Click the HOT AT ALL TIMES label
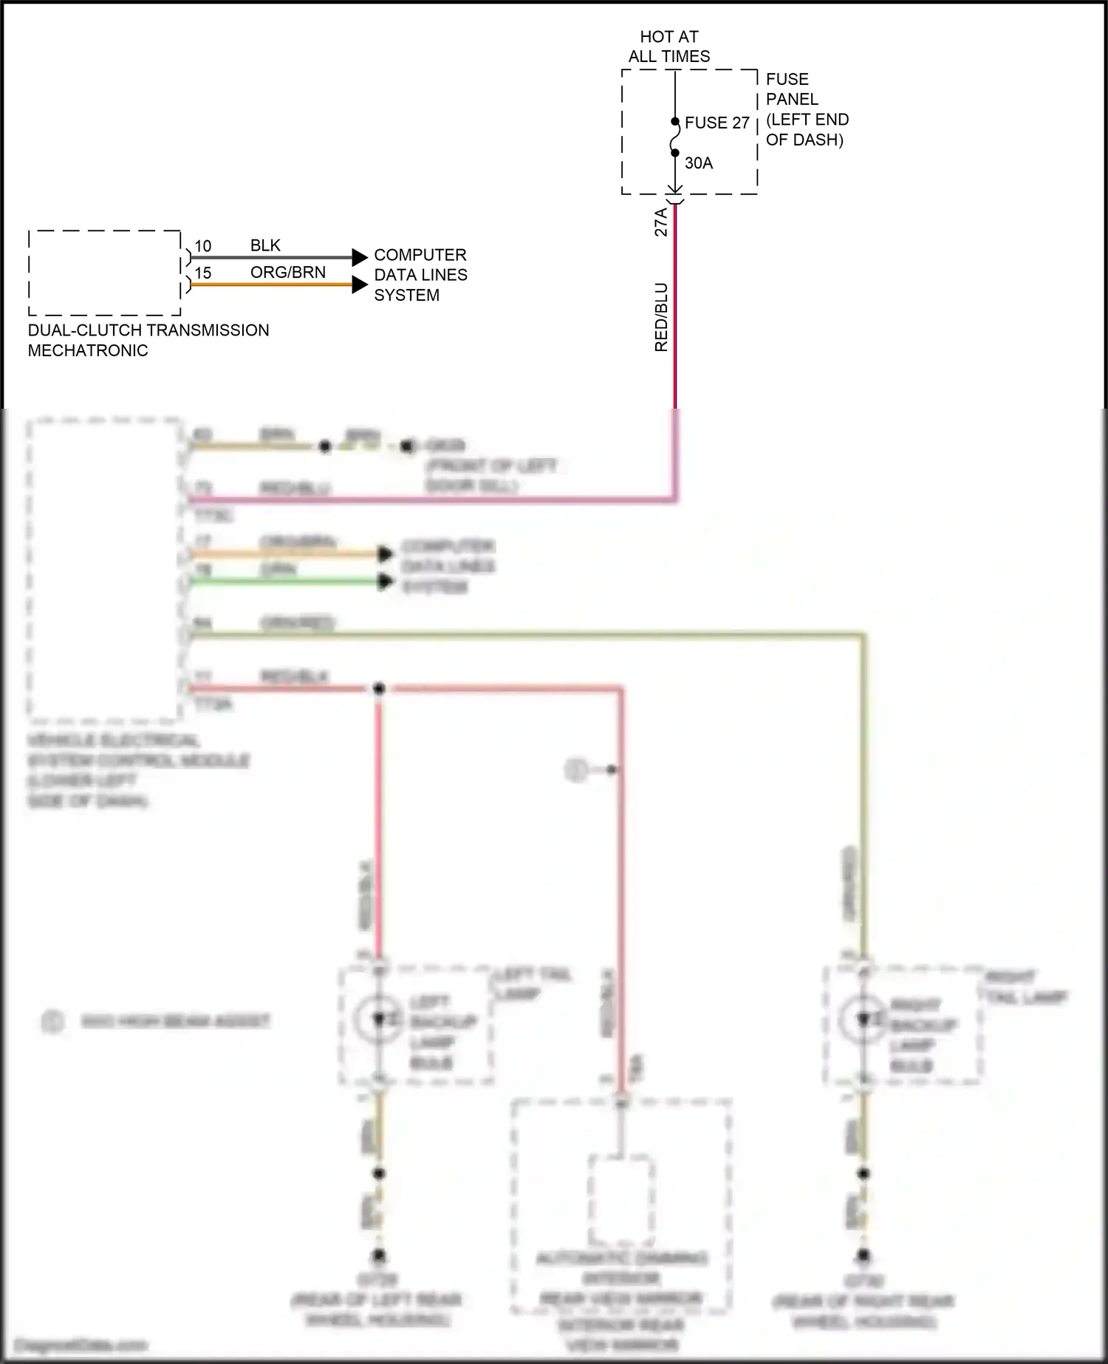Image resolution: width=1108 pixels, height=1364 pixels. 669,47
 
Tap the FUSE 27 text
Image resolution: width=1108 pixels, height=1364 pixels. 717,123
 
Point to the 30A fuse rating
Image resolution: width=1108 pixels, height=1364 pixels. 699,163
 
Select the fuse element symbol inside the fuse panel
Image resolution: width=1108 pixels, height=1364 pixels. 675,137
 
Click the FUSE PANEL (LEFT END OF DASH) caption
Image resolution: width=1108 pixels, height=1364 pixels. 807,109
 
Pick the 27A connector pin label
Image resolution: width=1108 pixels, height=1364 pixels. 661,222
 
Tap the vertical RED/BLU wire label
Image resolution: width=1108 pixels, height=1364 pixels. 661,317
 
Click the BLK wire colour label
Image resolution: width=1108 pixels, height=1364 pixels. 265,245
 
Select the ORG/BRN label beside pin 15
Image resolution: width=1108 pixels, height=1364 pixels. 287,272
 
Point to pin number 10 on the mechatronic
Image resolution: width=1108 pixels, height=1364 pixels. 202,246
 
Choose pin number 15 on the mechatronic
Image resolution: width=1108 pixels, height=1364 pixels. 202,273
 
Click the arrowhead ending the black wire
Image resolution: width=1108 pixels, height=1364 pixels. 360,257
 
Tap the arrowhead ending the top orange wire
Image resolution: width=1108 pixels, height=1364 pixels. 360,284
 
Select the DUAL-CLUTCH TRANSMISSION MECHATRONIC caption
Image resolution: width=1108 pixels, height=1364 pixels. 148,340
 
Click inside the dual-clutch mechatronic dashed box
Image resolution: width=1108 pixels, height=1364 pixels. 104,273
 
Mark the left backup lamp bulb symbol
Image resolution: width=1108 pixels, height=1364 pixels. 378,1020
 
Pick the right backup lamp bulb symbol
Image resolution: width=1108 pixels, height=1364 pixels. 863,1020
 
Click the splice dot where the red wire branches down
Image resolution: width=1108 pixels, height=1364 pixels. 379,689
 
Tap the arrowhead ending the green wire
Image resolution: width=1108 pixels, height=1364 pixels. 385,582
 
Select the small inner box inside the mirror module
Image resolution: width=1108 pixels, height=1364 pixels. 620,1200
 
